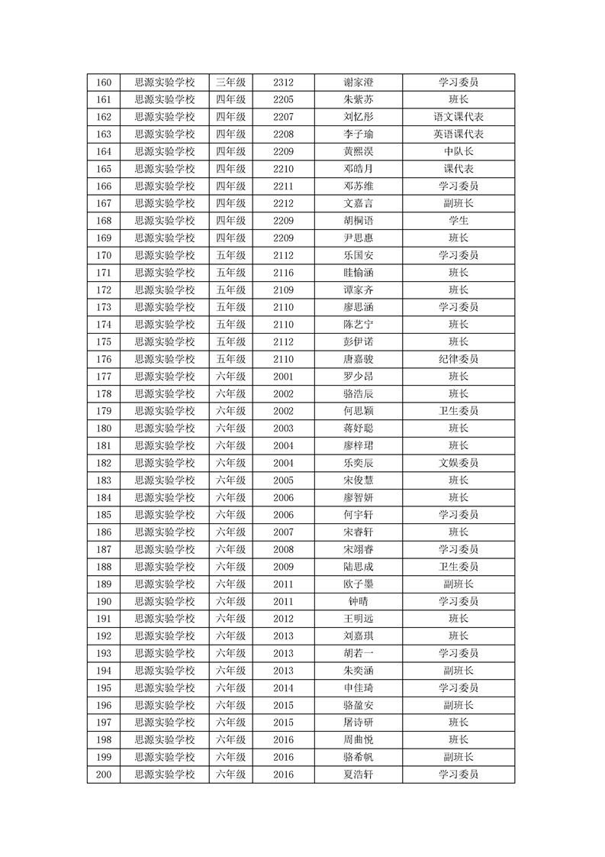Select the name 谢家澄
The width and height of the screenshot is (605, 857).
point(359,82)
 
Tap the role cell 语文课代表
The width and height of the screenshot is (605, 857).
point(459,117)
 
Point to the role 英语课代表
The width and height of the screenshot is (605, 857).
point(459,134)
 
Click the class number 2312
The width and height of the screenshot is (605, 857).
point(283,82)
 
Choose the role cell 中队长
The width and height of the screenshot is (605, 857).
point(459,151)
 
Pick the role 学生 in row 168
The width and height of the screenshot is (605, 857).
point(459,221)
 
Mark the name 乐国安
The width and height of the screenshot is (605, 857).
point(359,255)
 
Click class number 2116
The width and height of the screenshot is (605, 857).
point(283,273)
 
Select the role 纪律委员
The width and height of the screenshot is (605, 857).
point(459,359)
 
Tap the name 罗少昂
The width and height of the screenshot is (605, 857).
point(359,377)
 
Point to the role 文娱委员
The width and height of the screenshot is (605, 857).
point(459,463)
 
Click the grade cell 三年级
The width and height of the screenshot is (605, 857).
point(230,82)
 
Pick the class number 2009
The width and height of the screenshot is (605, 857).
point(283,567)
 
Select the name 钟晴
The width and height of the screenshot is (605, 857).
point(359,601)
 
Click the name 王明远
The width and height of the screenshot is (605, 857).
point(359,619)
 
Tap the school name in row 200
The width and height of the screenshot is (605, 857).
point(165,775)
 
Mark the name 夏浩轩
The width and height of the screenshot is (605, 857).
point(359,775)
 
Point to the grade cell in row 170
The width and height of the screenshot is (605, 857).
point(230,255)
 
